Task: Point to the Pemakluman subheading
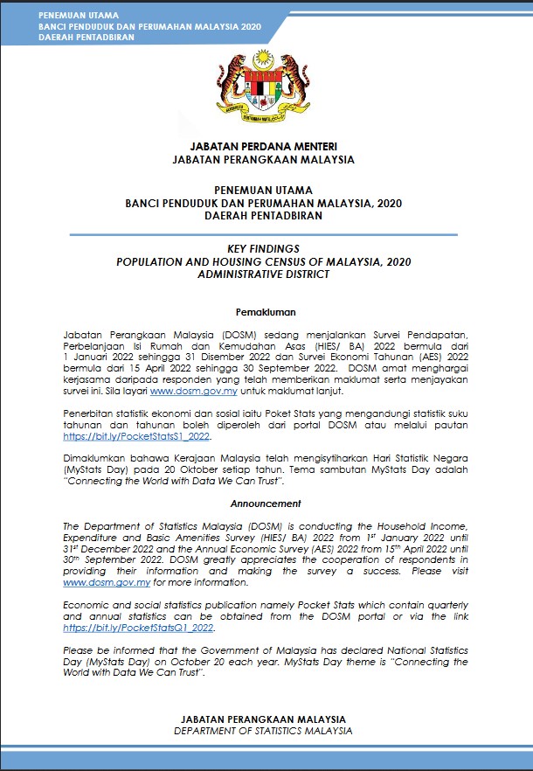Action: (x=266, y=312)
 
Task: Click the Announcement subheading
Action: (x=266, y=504)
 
